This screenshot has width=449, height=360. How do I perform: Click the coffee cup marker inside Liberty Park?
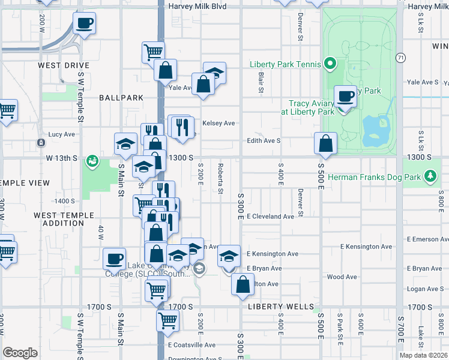(x=346, y=96)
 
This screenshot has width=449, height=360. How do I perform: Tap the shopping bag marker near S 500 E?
(x=325, y=144)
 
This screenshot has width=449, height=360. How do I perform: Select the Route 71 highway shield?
(x=400, y=57)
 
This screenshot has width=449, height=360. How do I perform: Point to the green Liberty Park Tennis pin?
(x=330, y=63)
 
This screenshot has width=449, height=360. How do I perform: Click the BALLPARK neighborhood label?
(x=121, y=97)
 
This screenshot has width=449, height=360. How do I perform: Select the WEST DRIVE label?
(x=63, y=65)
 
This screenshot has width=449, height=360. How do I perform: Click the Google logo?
(x=20, y=352)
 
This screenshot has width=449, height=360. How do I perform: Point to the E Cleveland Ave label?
(x=270, y=216)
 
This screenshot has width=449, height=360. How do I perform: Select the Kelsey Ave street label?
(x=218, y=123)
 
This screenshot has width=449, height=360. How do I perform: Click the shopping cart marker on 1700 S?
(x=167, y=320)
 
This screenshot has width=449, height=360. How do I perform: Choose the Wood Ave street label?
(x=342, y=277)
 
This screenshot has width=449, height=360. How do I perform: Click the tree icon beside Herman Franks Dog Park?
(x=429, y=176)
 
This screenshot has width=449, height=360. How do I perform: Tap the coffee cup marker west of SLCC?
(x=114, y=259)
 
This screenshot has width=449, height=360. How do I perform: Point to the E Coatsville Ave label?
(x=191, y=345)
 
